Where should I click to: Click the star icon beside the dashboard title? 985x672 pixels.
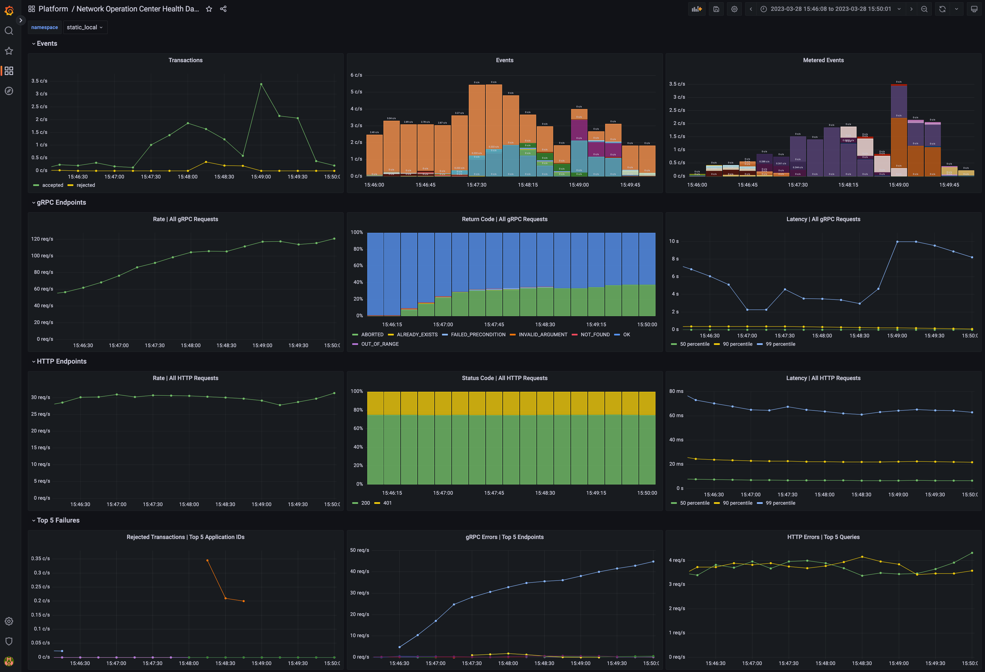(209, 9)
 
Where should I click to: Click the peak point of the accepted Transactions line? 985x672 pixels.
(261, 84)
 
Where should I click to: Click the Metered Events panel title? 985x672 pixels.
(823, 60)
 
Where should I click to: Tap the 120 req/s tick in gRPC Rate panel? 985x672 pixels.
(42, 239)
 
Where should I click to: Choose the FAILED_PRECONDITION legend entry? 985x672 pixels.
(478, 335)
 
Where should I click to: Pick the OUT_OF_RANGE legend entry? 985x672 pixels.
(379, 344)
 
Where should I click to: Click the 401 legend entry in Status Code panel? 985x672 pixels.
(387, 503)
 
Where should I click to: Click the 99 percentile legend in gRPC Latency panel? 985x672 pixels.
(780, 344)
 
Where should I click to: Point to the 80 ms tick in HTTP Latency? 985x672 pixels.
(676, 391)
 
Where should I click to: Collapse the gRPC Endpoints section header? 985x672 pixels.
(61, 202)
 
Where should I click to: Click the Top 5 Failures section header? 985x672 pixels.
(58, 520)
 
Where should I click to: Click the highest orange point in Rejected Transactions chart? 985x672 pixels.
(207, 560)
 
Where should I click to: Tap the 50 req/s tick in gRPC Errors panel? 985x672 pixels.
(359, 550)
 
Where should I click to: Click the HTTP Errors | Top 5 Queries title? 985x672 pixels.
(823, 537)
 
